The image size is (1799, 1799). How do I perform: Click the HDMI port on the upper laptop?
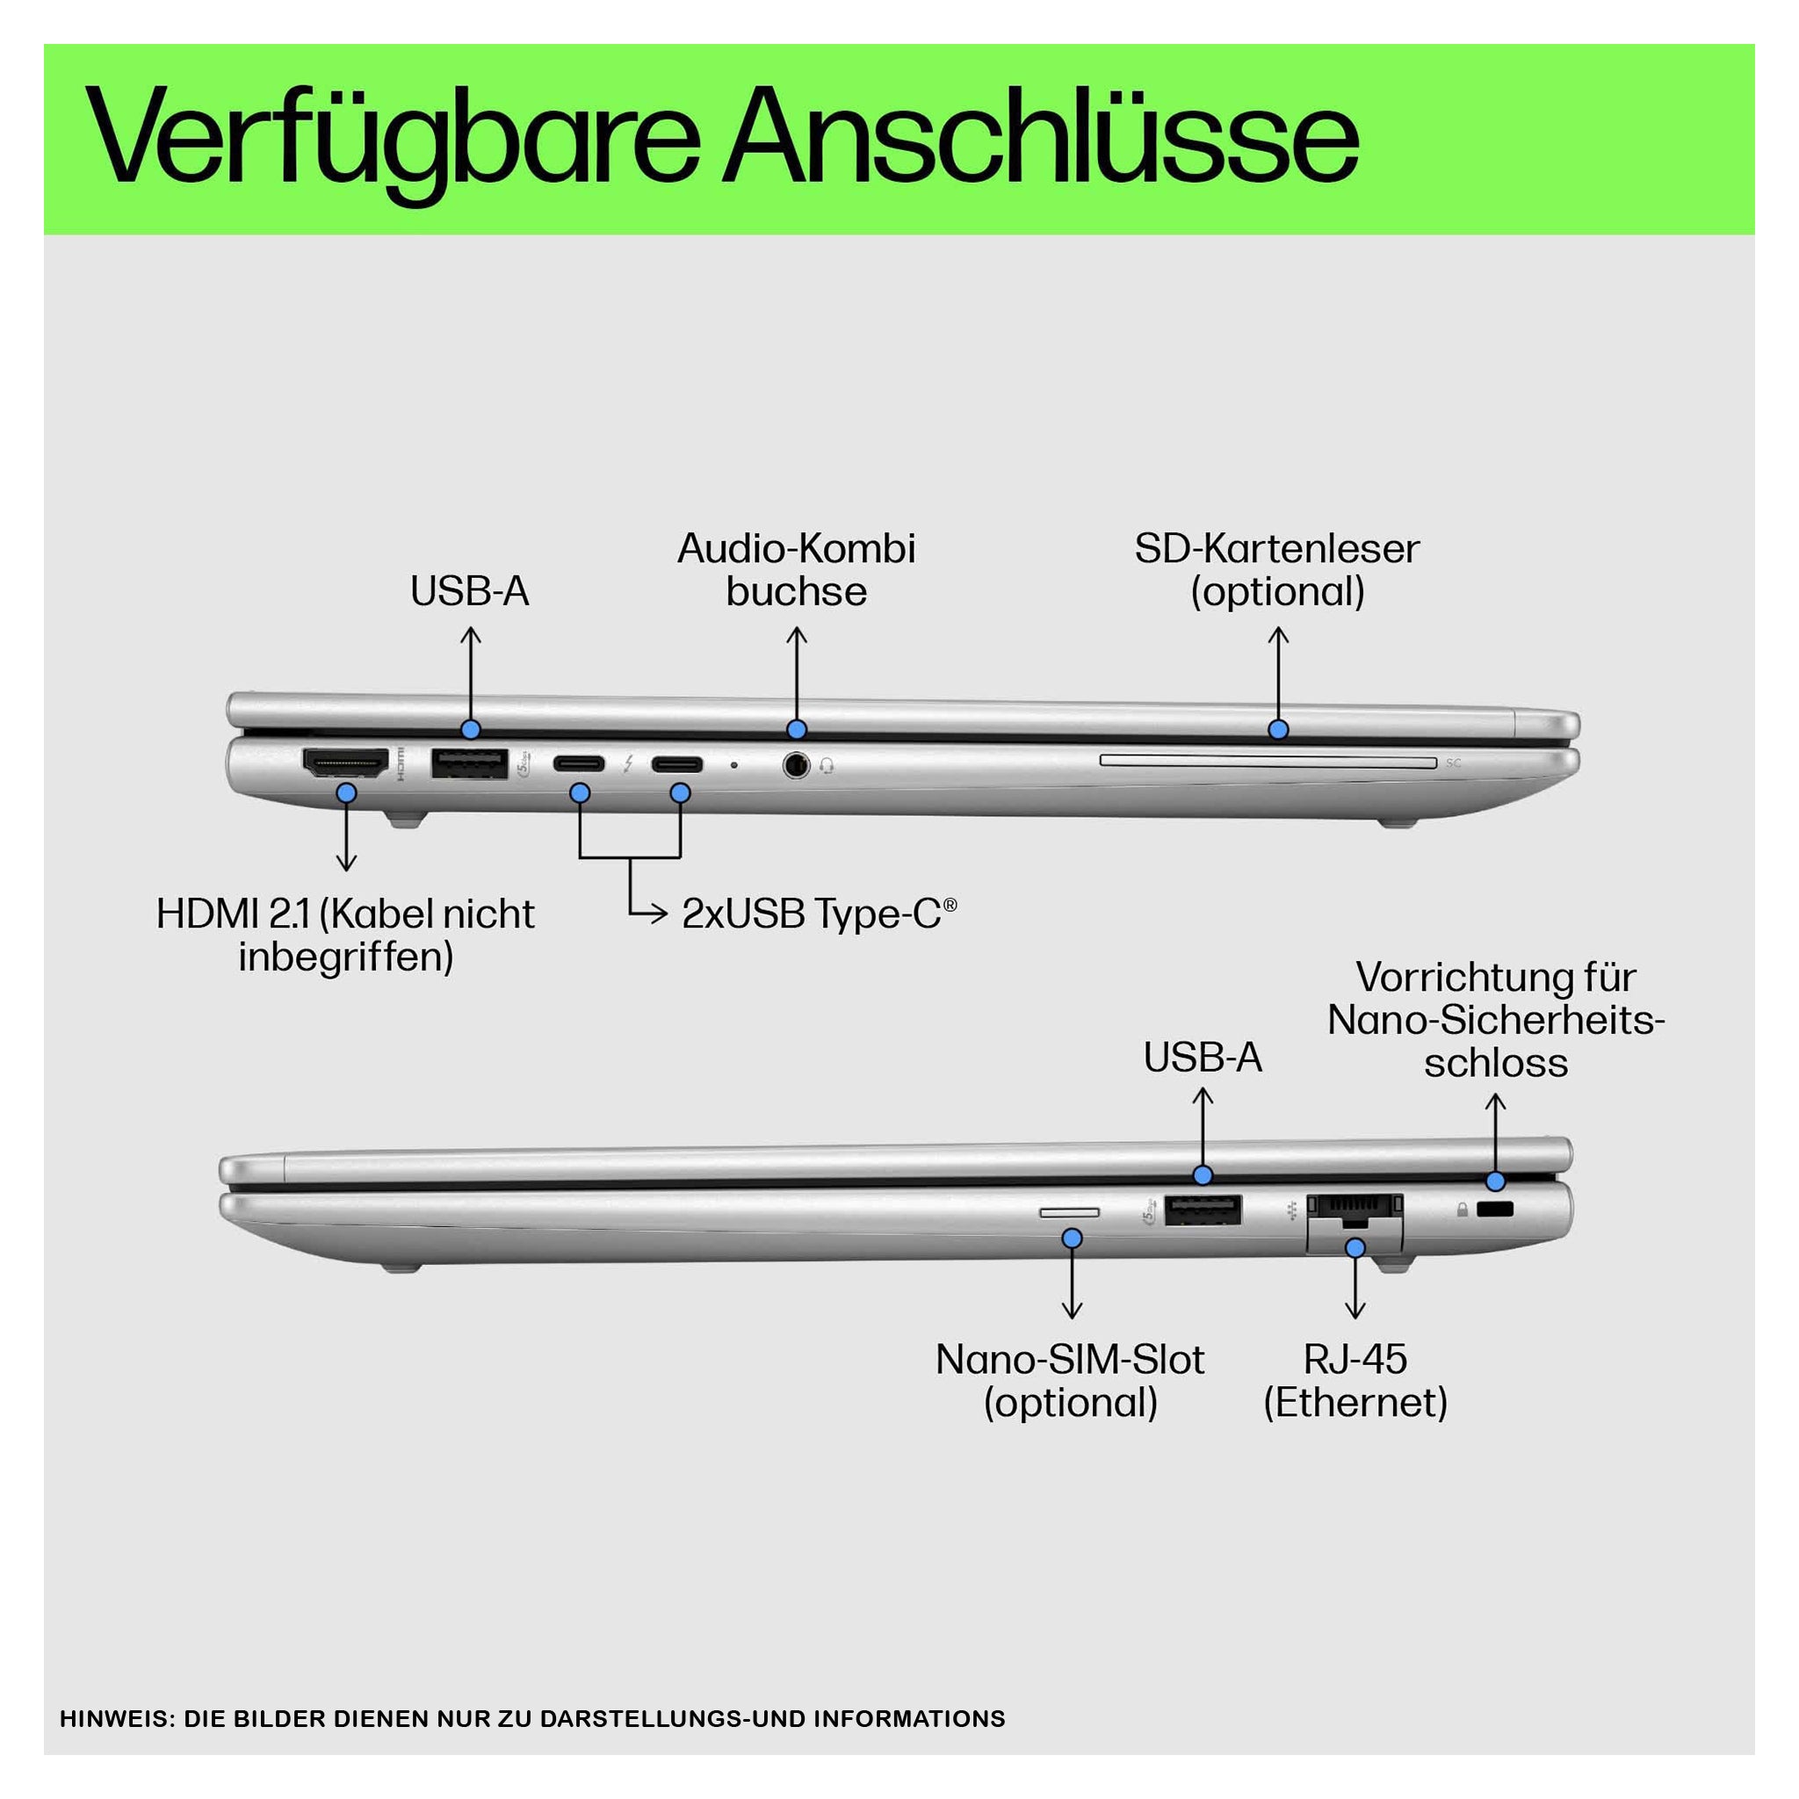(x=345, y=763)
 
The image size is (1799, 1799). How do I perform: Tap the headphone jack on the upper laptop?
(x=796, y=765)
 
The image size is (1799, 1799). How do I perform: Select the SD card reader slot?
(x=1268, y=762)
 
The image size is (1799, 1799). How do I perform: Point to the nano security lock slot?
(x=1495, y=1210)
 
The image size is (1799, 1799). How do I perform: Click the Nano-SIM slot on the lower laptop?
(x=1069, y=1212)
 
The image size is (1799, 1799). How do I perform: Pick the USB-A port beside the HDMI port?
(x=469, y=763)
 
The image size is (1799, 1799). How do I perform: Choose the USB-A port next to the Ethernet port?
(x=1203, y=1210)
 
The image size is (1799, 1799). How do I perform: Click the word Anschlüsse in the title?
(x=1042, y=137)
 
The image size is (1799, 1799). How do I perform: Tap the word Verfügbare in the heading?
(x=392, y=142)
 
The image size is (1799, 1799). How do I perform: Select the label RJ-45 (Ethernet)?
(x=1355, y=1381)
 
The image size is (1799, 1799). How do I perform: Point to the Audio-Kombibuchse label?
(x=796, y=570)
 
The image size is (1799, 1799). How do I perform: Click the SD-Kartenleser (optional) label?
(x=1276, y=570)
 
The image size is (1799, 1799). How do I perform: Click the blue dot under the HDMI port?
(x=346, y=793)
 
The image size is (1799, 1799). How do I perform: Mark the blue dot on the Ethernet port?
(x=1355, y=1247)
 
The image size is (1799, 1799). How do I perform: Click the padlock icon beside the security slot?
(x=1463, y=1210)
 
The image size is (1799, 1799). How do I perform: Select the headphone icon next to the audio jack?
(x=826, y=766)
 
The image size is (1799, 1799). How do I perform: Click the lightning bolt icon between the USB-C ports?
(x=629, y=764)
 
